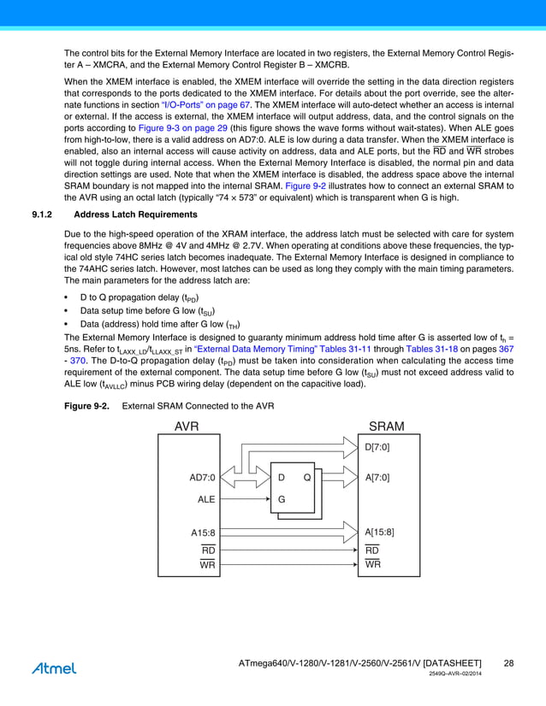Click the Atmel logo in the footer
[x=53, y=668]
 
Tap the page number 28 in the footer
[x=508, y=663]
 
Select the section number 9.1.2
[x=44, y=215]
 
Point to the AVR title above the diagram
[x=187, y=427]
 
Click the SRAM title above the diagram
[x=386, y=427]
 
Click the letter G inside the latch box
[x=282, y=497]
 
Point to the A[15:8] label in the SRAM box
[x=380, y=532]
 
